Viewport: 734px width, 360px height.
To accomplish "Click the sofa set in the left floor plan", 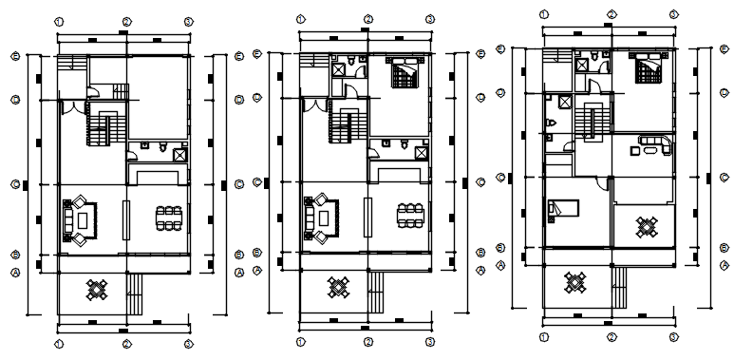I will [78, 219].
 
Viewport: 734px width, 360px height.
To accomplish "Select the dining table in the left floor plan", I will [169, 216].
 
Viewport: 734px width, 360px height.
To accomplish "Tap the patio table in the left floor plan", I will [97, 289].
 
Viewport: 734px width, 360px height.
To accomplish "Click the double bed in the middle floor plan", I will [403, 72].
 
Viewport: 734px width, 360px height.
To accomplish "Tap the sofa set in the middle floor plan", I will [319, 219].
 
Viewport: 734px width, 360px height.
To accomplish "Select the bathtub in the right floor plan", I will [655, 145].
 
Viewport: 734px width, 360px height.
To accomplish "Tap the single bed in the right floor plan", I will [564, 209].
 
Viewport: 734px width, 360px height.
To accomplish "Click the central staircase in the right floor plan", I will [594, 122].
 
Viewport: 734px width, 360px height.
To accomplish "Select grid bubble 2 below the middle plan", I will [367, 341].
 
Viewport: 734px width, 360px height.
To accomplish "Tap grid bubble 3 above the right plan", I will [673, 14].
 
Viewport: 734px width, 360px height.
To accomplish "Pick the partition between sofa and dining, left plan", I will [126, 219].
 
